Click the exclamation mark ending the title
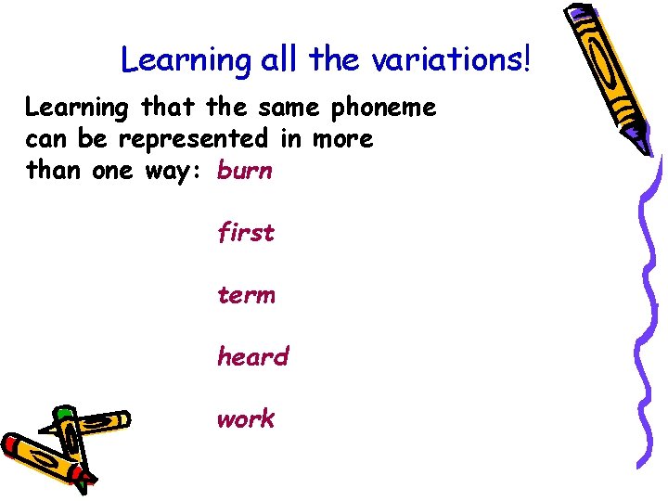coord(528,59)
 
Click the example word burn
coord(245,172)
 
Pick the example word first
coord(246,233)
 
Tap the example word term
coord(246,295)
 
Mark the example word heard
coord(252,356)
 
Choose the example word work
coord(246,418)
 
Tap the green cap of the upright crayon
coord(63,413)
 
